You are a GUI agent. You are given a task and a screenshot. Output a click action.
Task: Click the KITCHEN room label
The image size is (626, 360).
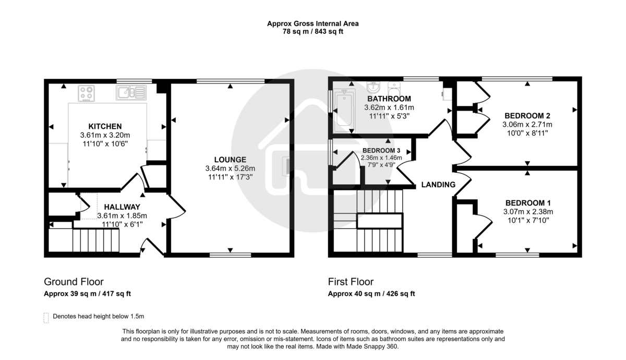105,126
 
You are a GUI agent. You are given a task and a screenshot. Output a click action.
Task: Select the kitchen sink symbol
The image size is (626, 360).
131,93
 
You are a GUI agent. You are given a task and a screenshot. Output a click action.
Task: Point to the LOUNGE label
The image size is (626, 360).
230,160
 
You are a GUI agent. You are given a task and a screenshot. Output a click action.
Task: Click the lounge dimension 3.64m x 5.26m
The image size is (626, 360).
230,169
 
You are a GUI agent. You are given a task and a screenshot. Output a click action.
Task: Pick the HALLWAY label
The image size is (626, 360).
122,207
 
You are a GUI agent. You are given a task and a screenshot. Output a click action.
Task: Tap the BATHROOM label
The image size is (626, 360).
389,99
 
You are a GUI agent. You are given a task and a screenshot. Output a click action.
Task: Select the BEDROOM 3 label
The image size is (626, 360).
381,150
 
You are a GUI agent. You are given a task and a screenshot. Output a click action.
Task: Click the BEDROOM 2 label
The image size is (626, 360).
527,116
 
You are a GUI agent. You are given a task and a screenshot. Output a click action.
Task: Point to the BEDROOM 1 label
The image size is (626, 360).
527,203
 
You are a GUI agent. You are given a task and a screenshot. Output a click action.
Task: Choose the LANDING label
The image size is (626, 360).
438,185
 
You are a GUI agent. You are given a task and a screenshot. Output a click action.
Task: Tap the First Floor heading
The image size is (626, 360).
351,282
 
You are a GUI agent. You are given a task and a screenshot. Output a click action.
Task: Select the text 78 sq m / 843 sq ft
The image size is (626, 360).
313,31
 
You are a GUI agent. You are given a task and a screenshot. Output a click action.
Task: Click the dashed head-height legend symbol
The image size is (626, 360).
46,317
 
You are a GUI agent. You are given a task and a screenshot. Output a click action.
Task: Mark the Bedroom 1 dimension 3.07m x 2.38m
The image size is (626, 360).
527,212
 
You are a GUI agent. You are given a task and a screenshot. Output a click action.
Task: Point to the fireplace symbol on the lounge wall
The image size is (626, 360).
286,166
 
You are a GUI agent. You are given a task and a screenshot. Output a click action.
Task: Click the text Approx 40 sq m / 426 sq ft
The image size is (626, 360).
371,293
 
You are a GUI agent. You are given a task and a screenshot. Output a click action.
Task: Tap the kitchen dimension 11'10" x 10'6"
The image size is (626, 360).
104,143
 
